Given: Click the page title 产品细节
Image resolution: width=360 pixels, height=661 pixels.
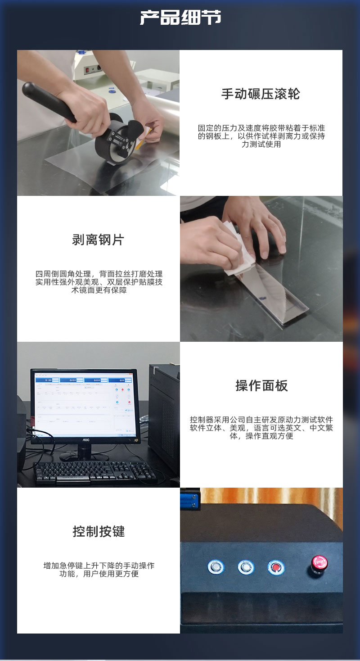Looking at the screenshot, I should [180, 18].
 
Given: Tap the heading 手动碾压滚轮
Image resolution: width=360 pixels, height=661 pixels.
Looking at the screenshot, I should [261, 94].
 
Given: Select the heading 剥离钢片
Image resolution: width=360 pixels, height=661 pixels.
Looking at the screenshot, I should [98, 240].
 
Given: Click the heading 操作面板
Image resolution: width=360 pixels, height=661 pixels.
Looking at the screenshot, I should [261, 386].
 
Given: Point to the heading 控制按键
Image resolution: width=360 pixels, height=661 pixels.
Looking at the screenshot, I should [99, 532].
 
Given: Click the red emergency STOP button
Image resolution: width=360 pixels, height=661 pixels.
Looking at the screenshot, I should [319, 563].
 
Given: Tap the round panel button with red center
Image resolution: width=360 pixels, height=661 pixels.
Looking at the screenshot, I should [276, 567].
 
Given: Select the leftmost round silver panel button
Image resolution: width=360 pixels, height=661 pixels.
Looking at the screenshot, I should [216, 566].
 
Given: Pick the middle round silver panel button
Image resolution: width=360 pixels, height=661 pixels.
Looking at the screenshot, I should [246, 567].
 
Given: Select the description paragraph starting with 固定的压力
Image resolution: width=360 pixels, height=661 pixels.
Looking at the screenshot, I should [261, 136].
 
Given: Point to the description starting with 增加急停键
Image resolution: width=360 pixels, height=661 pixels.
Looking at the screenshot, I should [99, 570].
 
